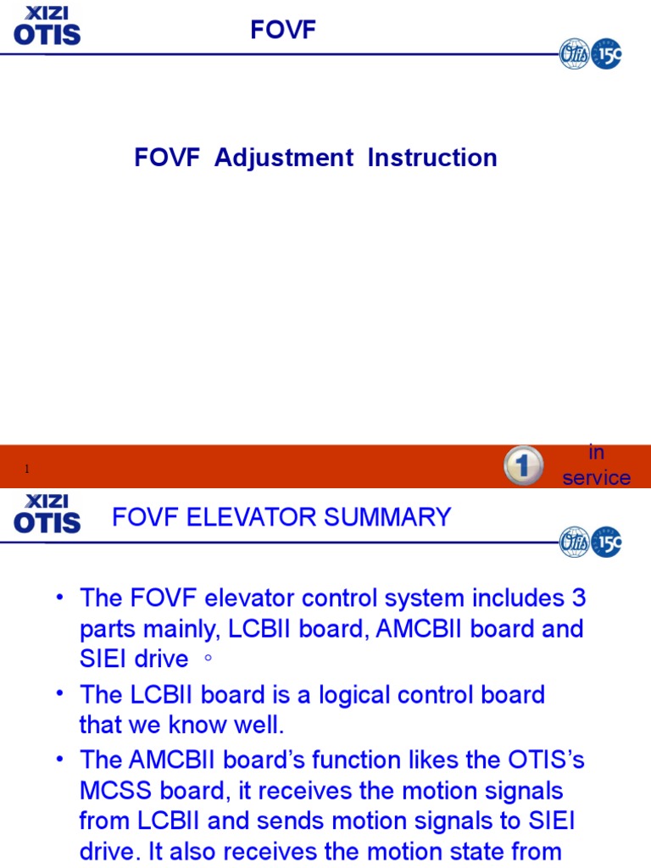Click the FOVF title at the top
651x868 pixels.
click(x=282, y=31)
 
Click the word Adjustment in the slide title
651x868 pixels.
click(x=284, y=158)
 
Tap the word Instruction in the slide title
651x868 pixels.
click(x=432, y=158)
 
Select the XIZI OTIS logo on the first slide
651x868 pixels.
click(x=47, y=25)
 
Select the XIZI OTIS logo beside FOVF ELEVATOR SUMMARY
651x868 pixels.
click(x=47, y=514)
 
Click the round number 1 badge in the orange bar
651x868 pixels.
click(x=523, y=466)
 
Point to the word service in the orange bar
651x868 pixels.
click(x=597, y=478)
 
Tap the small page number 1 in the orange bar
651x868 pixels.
click(x=27, y=470)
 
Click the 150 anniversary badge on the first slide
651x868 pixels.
click(x=606, y=53)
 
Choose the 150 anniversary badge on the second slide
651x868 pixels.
click(x=606, y=541)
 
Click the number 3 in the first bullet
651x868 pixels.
click(x=578, y=598)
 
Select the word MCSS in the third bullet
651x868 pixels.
click(x=113, y=791)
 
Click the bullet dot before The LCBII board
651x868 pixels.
click(x=60, y=693)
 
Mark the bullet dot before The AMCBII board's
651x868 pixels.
click(x=60, y=759)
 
